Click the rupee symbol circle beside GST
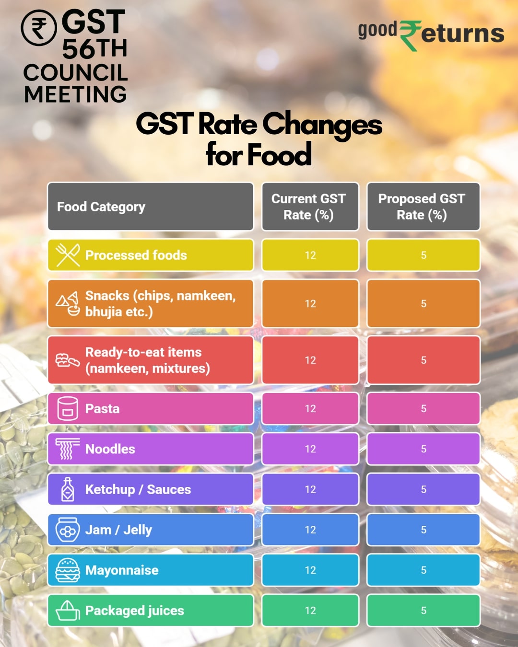39,28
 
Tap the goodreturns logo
430,34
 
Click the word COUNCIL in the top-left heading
75,73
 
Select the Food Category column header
101,207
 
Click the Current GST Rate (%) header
310,207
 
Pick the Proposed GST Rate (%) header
423,207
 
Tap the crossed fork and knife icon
68,255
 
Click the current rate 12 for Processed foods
310,255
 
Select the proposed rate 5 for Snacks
424,304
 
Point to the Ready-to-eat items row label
148,360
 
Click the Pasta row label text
102,409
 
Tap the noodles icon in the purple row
67,449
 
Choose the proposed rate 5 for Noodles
424,449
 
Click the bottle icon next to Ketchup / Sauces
68,489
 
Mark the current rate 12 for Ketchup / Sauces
310,489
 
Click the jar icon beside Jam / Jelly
68,530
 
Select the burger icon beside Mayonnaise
68,570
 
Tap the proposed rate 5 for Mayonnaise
424,570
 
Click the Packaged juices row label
134,611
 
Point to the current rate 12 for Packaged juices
310,611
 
